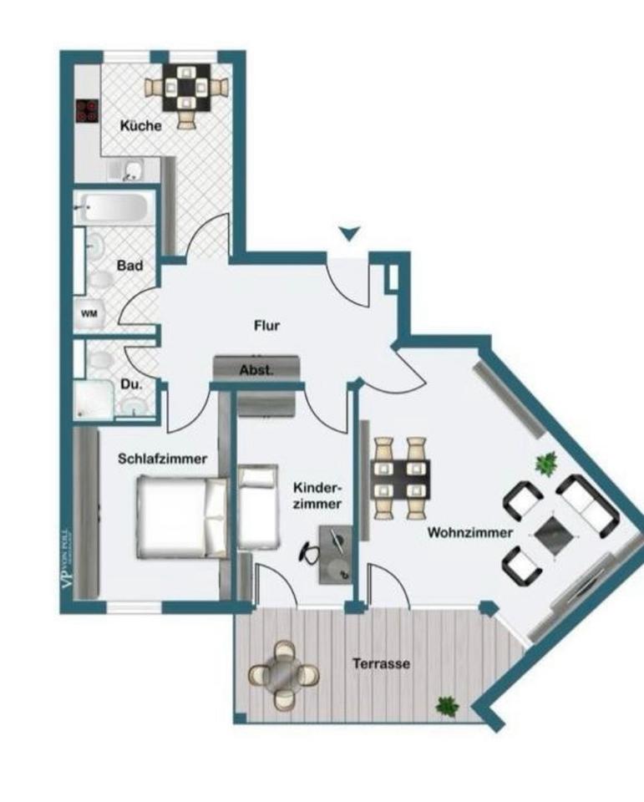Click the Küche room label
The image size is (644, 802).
[140, 126]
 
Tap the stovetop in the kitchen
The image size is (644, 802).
[86, 112]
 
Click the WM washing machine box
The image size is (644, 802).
[88, 314]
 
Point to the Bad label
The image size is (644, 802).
[129, 266]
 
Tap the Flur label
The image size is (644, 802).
[266, 326]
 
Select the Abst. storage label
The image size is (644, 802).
[256, 370]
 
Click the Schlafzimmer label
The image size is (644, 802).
[162, 458]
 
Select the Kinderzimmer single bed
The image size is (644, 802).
[257, 506]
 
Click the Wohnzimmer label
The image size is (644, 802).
[469, 533]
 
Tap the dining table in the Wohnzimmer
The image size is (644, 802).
[401, 479]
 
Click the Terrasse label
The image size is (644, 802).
[380, 664]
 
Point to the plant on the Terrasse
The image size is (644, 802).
[447, 705]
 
